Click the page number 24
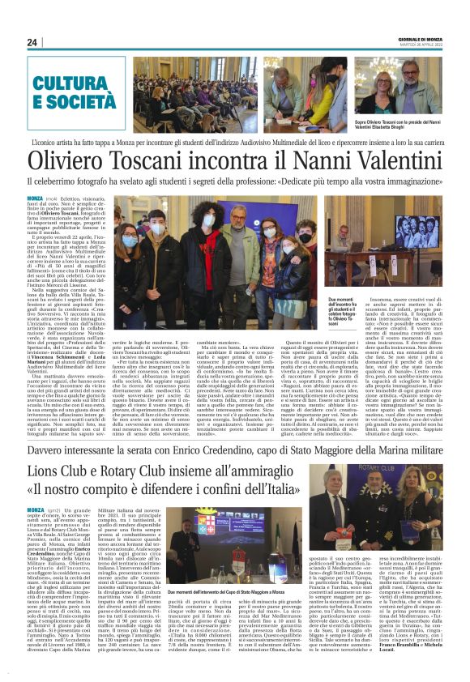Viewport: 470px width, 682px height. click(32, 42)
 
